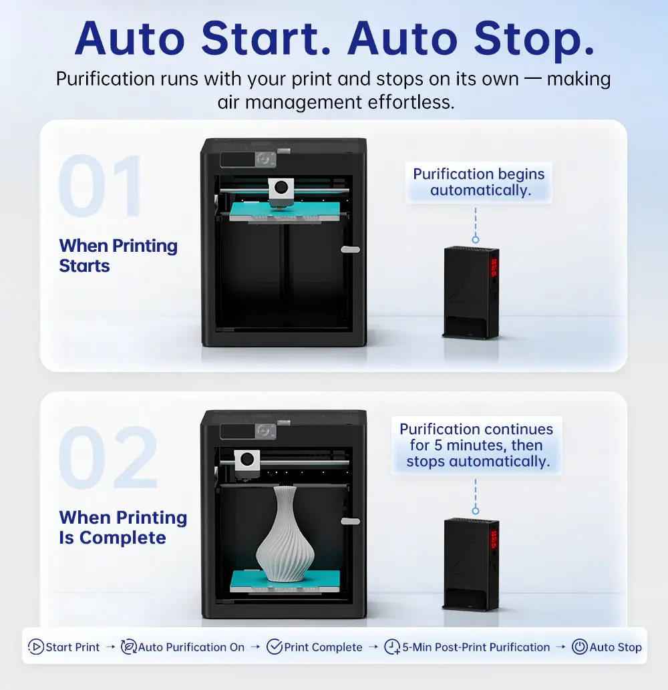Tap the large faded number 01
[100, 185]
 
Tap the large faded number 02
[108, 457]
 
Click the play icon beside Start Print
[35, 647]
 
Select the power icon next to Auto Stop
[580, 647]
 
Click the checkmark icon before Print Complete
[275, 647]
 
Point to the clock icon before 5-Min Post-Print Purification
[392, 647]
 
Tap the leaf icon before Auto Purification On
[128, 647]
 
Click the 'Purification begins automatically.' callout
[479, 182]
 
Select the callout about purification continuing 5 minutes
[476, 446]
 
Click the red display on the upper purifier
[494, 268]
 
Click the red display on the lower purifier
[494, 540]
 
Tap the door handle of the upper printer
[350, 250]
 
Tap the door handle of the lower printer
[350, 522]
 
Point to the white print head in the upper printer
[281, 190]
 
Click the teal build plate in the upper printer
[285, 211]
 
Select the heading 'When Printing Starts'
[118, 256]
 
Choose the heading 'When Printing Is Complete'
[123, 528]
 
